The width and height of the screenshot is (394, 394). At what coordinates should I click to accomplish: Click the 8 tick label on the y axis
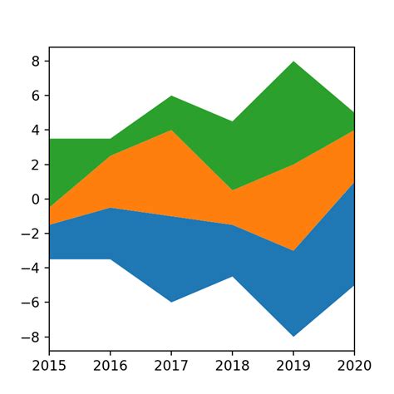(x=36, y=62)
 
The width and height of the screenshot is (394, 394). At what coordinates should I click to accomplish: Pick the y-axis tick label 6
(x=36, y=96)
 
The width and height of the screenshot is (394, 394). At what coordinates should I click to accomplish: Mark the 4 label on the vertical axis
(x=36, y=131)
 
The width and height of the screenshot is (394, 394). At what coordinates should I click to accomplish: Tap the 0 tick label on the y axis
(x=36, y=199)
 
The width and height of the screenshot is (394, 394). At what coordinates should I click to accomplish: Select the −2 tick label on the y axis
(x=32, y=234)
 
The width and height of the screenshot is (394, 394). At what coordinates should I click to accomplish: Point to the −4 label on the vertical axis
(x=32, y=268)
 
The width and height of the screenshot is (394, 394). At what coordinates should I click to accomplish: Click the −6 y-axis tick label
(x=32, y=303)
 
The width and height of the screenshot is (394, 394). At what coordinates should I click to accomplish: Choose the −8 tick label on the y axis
(x=32, y=337)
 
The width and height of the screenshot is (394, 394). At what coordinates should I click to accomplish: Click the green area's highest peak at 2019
(x=293, y=62)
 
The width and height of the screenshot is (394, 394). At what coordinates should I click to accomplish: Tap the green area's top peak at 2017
(x=171, y=96)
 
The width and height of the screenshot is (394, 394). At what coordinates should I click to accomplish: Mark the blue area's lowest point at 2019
(x=293, y=336)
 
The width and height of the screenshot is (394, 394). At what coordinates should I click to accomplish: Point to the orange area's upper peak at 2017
(x=171, y=131)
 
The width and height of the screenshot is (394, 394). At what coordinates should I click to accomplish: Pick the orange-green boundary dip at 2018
(x=232, y=190)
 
